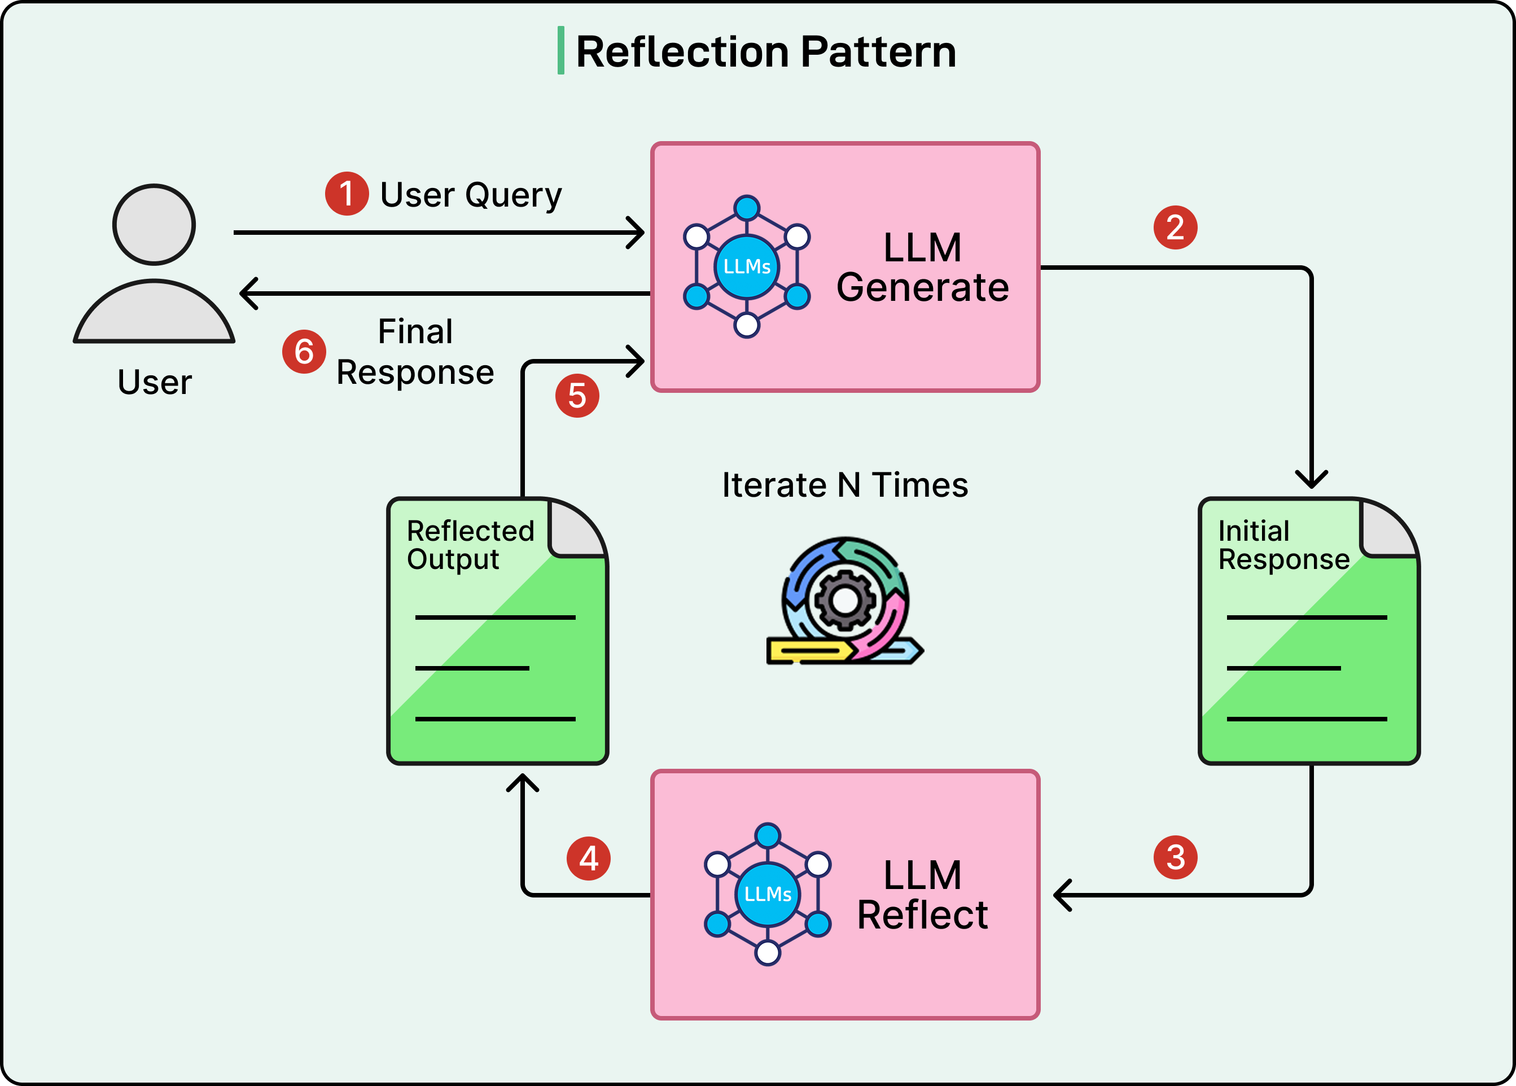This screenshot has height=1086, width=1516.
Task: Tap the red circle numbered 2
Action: pos(1175,227)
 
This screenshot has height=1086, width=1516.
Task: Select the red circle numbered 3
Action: pos(1175,857)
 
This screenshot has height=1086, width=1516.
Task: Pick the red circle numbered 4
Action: pos(588,858)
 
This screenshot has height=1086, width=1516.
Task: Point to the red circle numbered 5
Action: pos(577,396)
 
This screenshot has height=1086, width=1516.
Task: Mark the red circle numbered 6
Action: pos(304,352)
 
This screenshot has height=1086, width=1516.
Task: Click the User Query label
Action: pos(471,195)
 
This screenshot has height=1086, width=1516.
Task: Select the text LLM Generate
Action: pos(922,268)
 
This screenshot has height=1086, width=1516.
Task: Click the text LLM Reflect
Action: pos(922,896)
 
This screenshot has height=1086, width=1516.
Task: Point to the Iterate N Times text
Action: pos(845,485)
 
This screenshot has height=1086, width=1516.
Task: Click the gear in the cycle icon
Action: pos(845,599)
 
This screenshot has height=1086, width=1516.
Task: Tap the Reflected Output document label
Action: pos(470,545)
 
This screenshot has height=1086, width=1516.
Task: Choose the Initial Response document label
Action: pos(1283,545)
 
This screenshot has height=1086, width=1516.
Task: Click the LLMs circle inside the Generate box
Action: pos(747,266)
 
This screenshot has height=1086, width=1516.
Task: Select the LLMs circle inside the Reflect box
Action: pos(768,894)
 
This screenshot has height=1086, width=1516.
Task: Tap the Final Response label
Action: pos(415,352)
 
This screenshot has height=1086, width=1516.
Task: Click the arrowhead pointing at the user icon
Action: pos(247,294)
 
